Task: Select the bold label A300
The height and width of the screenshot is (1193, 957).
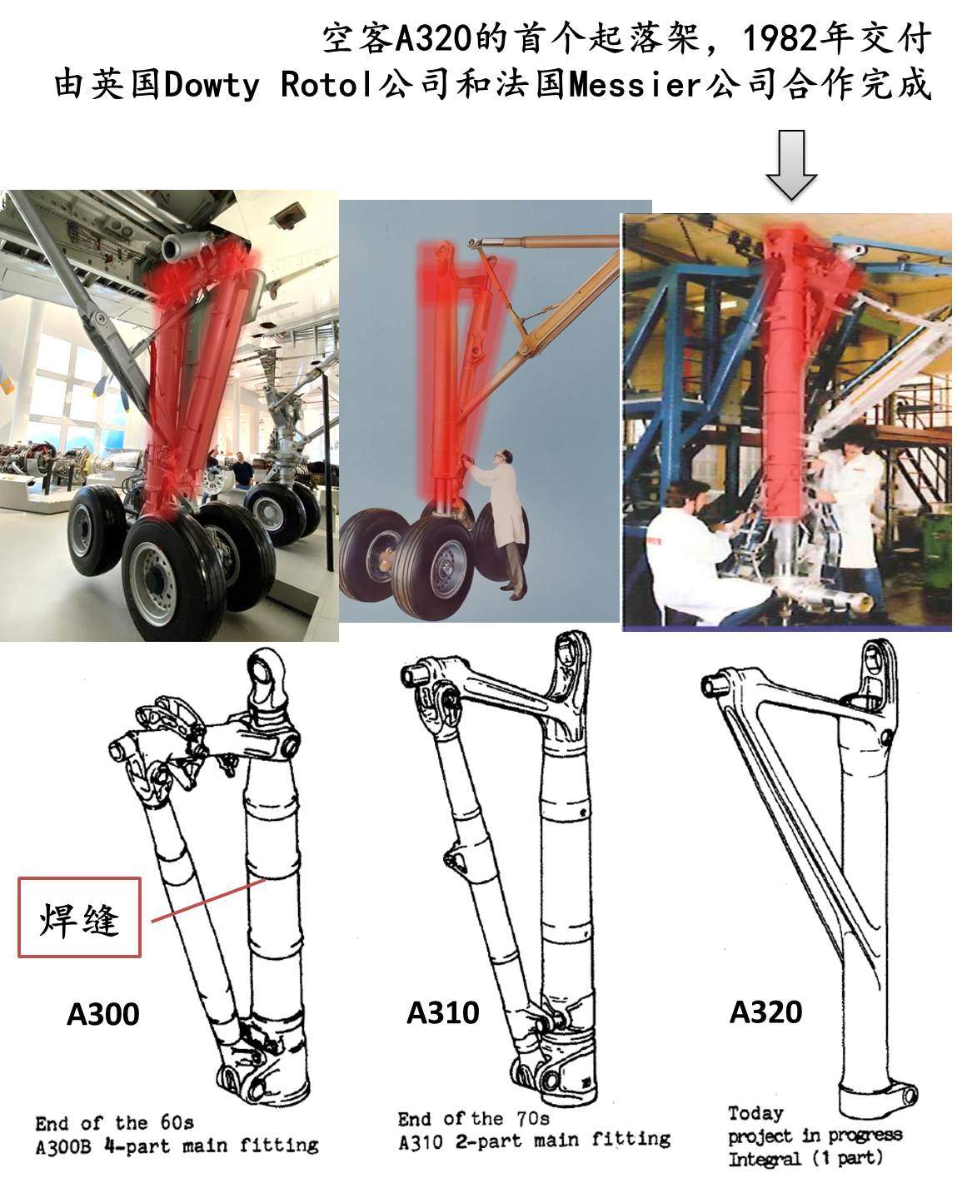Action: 103,1014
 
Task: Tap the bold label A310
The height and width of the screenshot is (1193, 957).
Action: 443,1013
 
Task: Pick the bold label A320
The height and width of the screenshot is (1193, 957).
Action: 765,1012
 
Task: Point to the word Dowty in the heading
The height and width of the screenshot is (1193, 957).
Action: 212,86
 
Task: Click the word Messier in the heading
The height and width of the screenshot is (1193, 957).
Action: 636,85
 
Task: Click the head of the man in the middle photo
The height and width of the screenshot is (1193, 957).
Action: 504,458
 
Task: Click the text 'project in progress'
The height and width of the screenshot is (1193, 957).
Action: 815,1136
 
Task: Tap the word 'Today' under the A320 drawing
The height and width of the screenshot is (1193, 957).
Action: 755,1112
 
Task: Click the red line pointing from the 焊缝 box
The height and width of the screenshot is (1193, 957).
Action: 208,900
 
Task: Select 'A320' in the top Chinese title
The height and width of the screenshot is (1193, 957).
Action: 433,39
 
